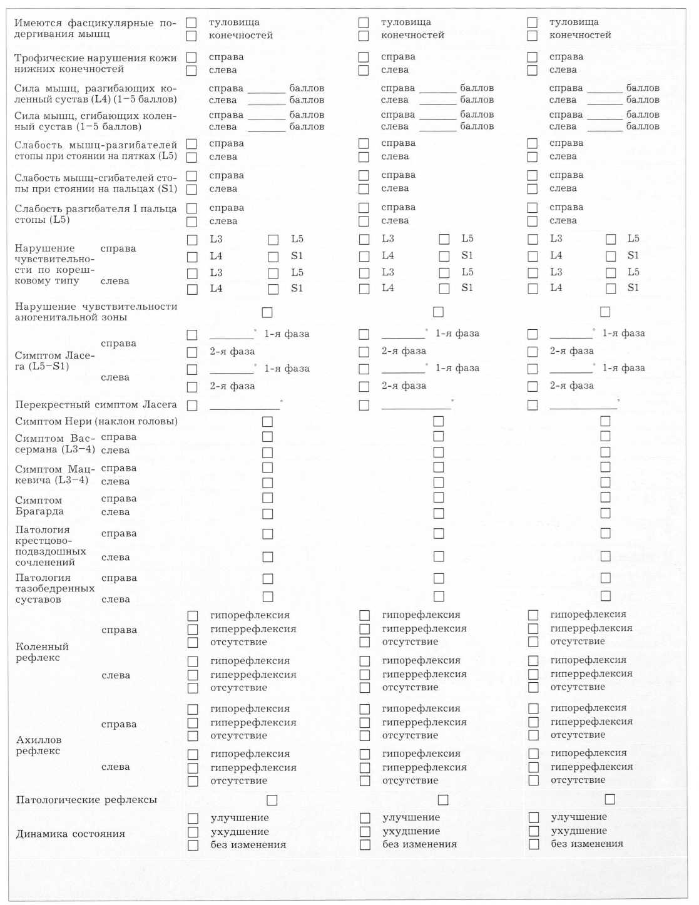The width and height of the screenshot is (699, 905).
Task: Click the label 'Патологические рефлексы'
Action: (86, 800)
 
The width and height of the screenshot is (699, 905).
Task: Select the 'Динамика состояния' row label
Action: (71, 834)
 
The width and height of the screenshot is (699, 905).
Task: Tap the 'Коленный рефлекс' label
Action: (42, 652)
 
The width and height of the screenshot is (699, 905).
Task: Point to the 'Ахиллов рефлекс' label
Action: (39, 745)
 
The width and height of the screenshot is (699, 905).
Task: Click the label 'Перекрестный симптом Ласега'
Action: (96, 405)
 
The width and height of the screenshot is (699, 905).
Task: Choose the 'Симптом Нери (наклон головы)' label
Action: (96, 421)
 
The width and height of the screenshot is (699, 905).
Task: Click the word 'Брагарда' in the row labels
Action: (39, 511)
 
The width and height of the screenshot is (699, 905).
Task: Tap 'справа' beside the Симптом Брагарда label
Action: (119, 499)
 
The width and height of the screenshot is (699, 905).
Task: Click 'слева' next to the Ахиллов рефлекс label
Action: (116, 767)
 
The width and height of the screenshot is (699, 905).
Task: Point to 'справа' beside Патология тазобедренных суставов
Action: (119, 578)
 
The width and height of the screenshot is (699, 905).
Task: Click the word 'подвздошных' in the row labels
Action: (51, 551)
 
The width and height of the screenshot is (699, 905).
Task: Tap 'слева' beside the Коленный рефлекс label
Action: (116, 675)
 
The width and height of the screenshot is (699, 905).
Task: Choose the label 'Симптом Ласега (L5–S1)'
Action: (55, 360)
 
